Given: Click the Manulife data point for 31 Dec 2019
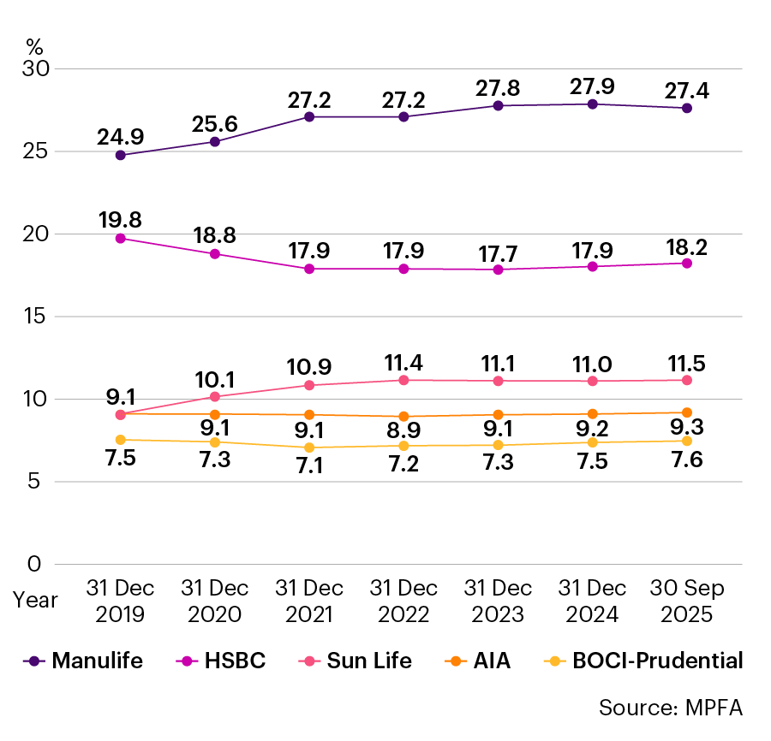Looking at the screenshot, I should (x=121, y=155).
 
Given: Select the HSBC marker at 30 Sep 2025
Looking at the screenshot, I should (x=686, y=264).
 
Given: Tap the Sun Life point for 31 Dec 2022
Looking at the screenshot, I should (x=403, y=380).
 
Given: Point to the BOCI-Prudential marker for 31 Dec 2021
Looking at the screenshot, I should (x=309, y=448).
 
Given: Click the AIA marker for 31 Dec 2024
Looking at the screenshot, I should (x=592, y=414).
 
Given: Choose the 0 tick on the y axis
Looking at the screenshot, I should (x=34, y=564).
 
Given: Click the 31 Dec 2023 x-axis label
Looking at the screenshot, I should (x=498, y=602).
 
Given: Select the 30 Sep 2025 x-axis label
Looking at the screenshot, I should (x=686, y=602).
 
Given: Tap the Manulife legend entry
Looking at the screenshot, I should (x=85, y=661).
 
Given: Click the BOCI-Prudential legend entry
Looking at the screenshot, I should (x=643, y=661).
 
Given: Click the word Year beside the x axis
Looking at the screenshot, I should (x=35, y=600).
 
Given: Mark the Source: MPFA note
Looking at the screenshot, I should (x=670, y=708).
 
